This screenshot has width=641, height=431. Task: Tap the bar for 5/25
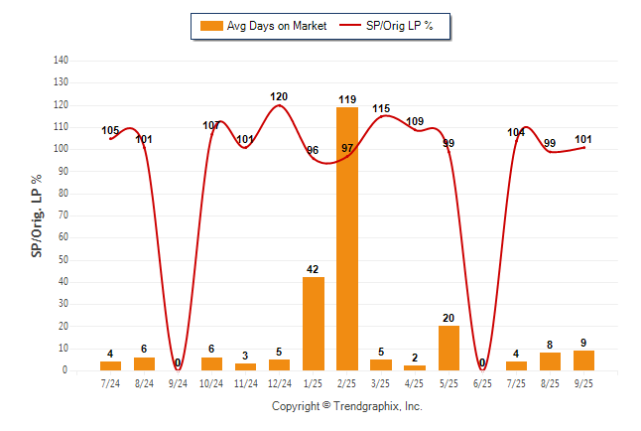point(449,348)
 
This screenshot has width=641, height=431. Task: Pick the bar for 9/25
point(583,360)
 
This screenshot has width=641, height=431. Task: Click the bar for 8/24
point(145,363)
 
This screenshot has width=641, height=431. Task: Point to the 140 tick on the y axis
point(62,61)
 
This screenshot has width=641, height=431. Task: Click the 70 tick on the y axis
point(64,215)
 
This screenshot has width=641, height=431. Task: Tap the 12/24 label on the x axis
point(280,382)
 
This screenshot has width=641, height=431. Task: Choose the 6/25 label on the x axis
point(482,382)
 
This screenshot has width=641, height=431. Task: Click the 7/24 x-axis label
point(111,382)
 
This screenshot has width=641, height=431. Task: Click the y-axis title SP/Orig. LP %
point(37,215)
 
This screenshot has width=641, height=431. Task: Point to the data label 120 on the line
point(279,96)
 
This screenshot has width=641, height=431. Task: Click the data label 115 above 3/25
point(381,108)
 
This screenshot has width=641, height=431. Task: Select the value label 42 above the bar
point(314,269)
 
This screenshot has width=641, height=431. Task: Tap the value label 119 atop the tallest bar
point(347,99)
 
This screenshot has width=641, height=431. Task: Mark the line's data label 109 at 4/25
point(415,121)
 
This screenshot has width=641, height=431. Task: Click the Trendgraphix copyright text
point(347,406)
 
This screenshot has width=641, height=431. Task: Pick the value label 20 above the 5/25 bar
point(449,318)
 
